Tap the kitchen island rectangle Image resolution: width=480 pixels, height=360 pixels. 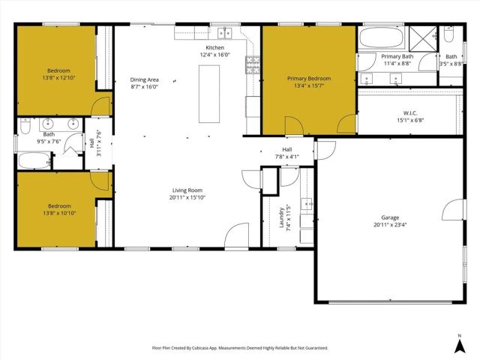click(x=209, y=94)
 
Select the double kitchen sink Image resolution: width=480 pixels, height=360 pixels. click(x=224, y=32)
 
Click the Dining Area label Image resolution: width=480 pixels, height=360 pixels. click(x=144, y=79)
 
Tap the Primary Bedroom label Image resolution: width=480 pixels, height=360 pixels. click(x=308, y=78)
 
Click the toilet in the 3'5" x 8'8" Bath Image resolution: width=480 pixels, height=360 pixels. click(x=448, y=35)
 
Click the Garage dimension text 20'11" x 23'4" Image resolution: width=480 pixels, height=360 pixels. click(x=389, y=224)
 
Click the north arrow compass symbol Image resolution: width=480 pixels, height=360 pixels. click(x=459, y=344)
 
